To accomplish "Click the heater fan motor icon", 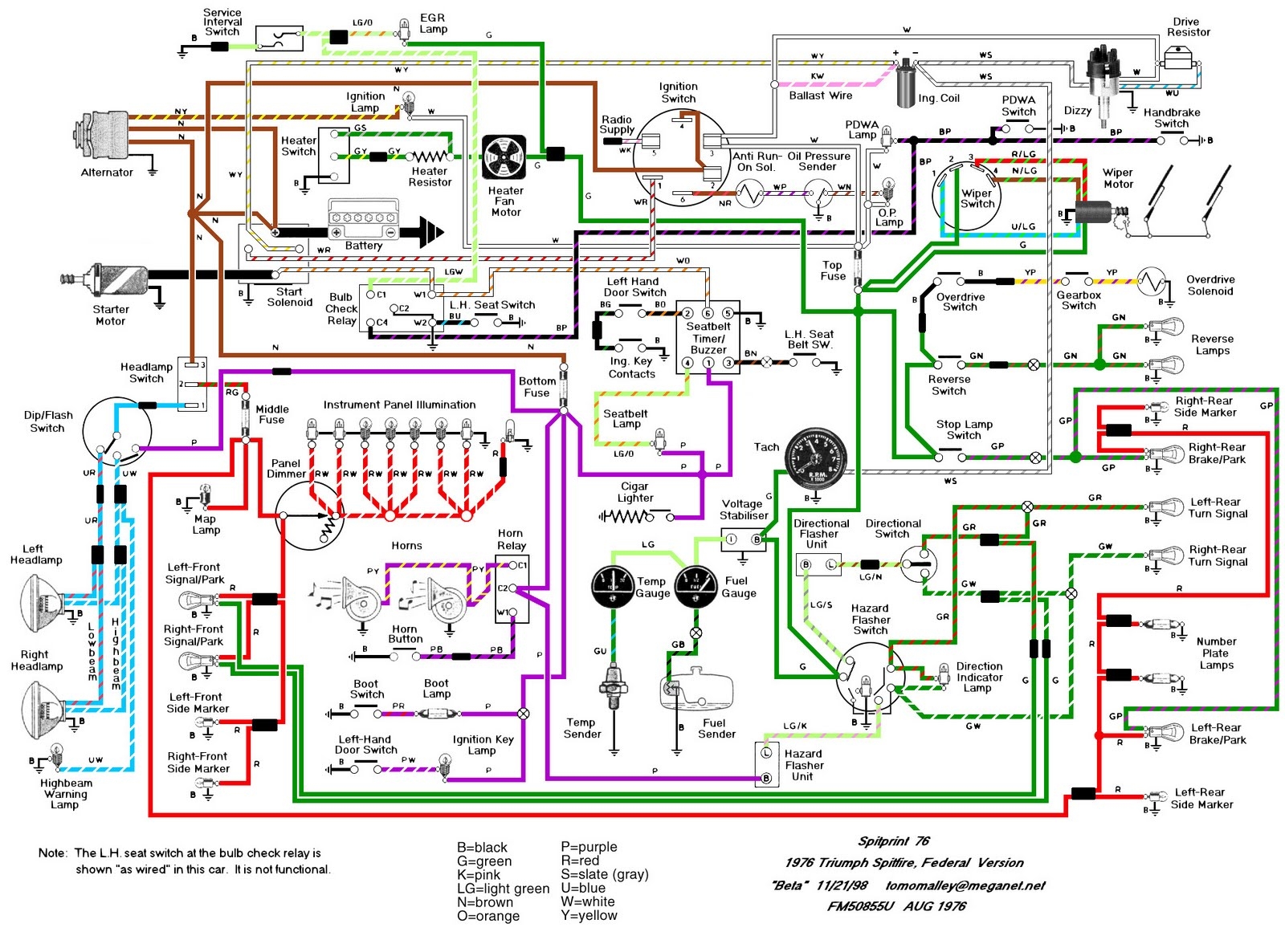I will point(504,157).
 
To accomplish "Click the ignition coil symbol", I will point(906,83).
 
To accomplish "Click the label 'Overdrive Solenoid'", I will point(1210,285).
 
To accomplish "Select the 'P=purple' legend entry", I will point(589,847).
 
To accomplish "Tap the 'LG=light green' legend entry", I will point(503,889).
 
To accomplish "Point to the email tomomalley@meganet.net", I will point(965,885).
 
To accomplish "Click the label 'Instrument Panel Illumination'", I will point(399,405).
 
